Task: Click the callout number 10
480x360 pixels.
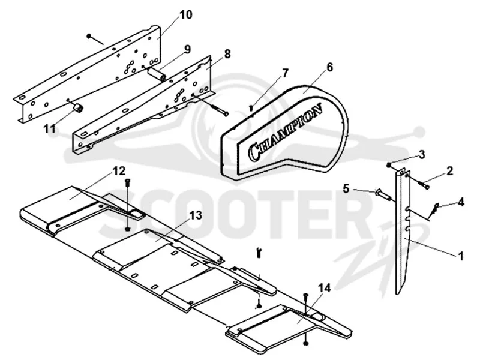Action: pos(185,14)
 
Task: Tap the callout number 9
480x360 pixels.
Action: pos(187,49)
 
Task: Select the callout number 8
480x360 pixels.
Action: pos(227,53)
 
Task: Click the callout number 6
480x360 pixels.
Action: pos(329,67)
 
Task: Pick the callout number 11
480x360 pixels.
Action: pos(50,128)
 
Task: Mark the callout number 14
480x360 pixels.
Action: pos(324,288)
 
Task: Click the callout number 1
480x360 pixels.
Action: pos(461,256)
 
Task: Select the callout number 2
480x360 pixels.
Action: pos(449,171)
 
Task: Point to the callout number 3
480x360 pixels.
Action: pos(422,154)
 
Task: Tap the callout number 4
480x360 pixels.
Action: pos(461,202)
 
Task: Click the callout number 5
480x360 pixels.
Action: pos(346,188)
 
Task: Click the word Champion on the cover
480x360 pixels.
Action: pos(286,132)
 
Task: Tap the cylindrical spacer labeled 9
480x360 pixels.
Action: pos(157,74)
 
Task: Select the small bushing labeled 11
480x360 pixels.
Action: pos(79,108)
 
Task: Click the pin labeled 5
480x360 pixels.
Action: pos(382,194)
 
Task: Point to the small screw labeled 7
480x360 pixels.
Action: pos(251,107)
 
